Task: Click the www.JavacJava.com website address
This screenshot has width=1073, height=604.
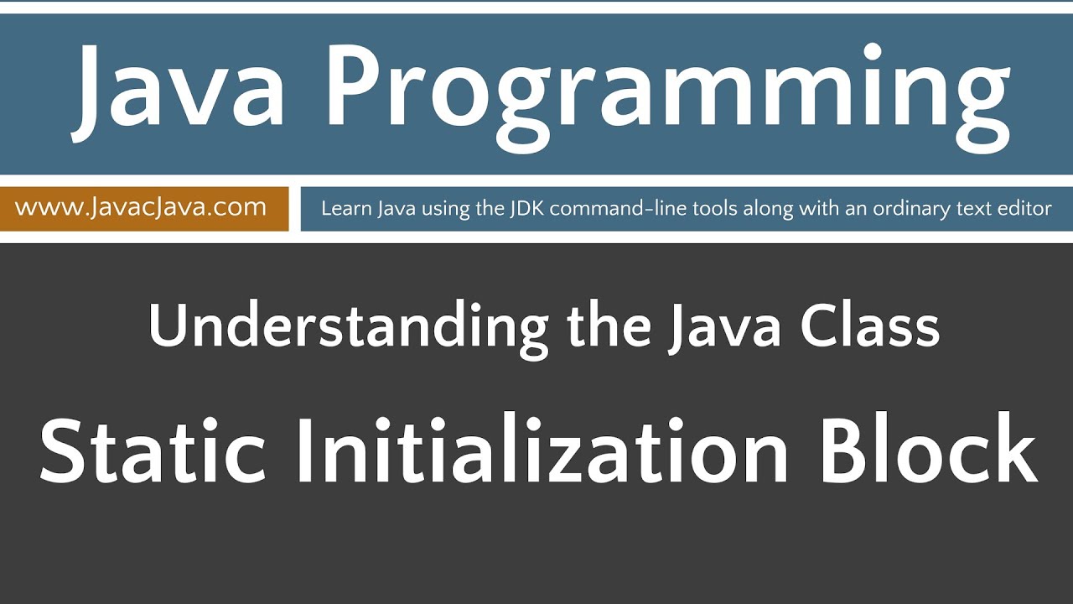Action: (x=141, y=207)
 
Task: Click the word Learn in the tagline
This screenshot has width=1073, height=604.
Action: (x=344, y=209)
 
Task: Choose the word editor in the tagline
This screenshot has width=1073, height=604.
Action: (x=1024, y=209)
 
